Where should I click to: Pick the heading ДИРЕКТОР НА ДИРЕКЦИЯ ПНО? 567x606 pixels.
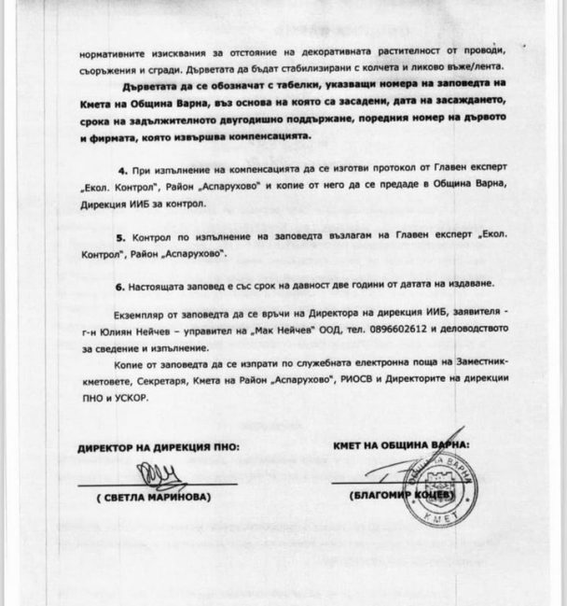coord(158,447)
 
